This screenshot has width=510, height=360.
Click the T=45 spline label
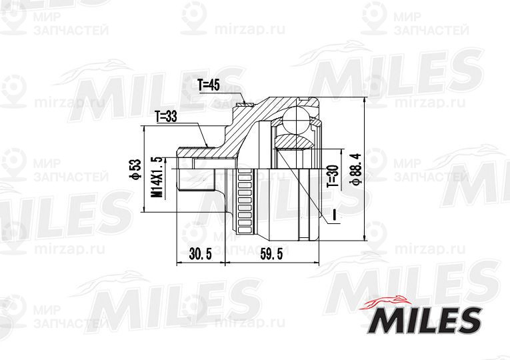coord(209,85)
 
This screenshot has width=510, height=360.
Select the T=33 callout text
coord(166,117)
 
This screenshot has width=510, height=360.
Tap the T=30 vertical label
coord(333,176)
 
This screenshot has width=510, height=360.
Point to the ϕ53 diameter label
coord(135,169)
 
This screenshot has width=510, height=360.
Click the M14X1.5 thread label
coord(157,177)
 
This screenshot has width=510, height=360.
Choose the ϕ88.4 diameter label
coord(355,169)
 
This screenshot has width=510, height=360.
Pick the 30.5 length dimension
coord(201,253)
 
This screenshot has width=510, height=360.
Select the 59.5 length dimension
coord(271,253)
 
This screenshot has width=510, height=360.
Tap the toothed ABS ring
coord(245,201)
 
